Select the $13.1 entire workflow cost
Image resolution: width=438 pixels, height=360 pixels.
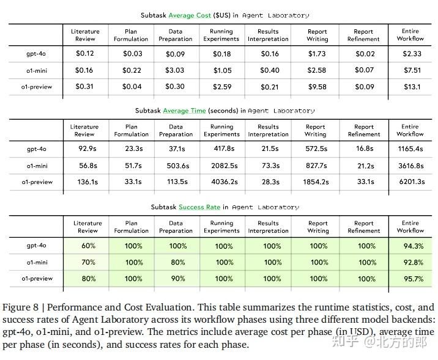[411, 87]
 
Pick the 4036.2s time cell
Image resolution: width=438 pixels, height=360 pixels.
[221, 182]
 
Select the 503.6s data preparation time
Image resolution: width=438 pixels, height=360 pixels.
[176, 165]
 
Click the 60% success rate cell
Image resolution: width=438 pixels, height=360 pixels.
[87, 246]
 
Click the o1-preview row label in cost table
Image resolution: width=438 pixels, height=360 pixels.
[37, 87]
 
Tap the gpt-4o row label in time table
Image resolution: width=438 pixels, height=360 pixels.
[37, 149]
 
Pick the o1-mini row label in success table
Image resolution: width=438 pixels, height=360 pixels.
[37, 262]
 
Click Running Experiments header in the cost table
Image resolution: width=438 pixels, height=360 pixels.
[221, 35]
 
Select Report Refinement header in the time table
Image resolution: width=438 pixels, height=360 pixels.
[363, 131]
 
